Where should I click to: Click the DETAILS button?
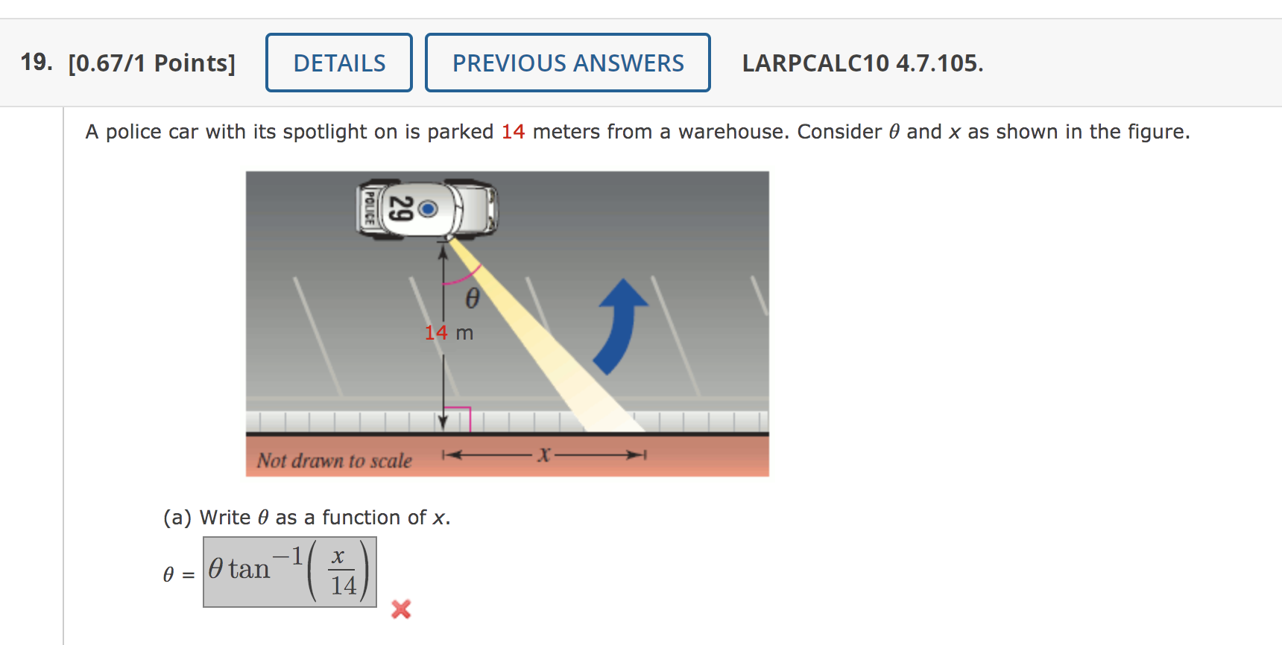(339, 63)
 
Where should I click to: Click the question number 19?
(36, 62)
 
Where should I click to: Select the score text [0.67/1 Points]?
(151, 63)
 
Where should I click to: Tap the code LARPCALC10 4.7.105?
(862, 63)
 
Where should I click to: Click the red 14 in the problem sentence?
(513, 132)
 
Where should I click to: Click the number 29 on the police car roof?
(402, 209)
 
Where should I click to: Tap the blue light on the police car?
(428, 209)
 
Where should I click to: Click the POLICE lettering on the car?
(368, 208)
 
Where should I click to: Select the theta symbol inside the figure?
(472, 299)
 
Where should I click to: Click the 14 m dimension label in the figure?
(449, 333)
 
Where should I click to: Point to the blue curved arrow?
(620, 325)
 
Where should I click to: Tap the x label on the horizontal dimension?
(544, 454)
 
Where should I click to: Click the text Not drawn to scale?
(334, 460)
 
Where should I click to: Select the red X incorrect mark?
(401, 609)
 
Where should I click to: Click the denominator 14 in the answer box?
(344, 585)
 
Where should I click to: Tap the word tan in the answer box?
(249, 570)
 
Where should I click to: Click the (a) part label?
(177, 518)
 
